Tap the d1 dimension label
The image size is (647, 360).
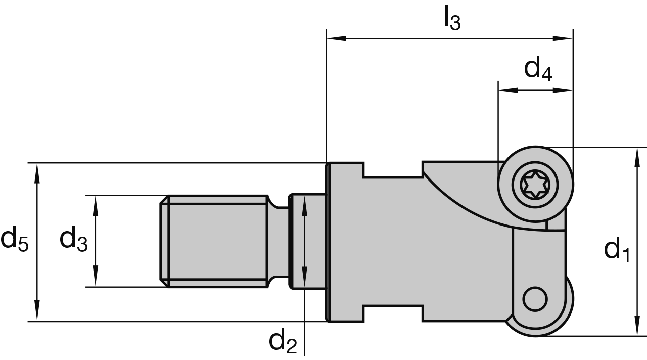(617, 249)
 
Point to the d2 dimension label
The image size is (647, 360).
(283, 342)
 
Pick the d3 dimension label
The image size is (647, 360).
(73, 239)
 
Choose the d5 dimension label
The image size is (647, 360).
(15, 239)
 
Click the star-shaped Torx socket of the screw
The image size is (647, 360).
(536, 185)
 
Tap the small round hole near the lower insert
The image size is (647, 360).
(535, 299)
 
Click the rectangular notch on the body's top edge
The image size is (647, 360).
(393, 169)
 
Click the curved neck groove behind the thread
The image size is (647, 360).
(277, 241)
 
